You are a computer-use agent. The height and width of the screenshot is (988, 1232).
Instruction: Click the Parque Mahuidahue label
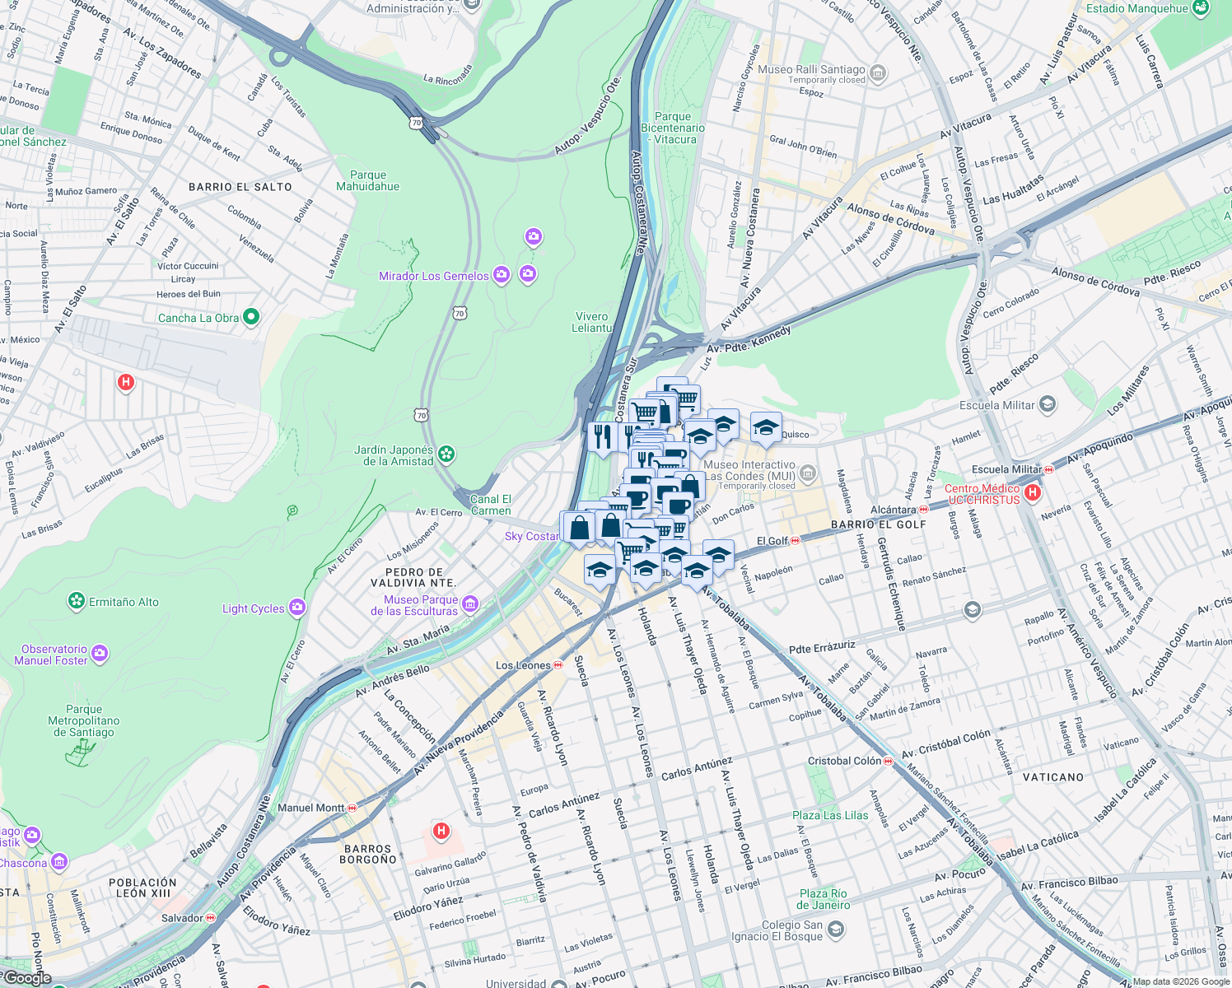(x=367, y=180)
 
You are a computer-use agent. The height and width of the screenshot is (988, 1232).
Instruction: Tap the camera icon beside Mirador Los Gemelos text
(x=502, y=276)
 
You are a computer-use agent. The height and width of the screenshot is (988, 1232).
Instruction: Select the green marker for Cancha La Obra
(x=252, y=317)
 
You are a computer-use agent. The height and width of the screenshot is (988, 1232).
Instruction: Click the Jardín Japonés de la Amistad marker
(x=446, y=454)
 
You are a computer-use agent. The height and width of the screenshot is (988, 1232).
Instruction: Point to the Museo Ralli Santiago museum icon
(x=878, y=73)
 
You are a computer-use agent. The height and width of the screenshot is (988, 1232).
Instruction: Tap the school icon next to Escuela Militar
(x=1047, y=404)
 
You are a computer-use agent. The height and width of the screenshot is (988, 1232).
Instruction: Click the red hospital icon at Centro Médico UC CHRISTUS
(x=1033, y=492)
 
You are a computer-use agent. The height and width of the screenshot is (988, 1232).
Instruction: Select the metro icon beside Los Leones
(x=558, y=665)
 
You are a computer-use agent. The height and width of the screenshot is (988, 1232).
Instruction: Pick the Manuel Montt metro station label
(x=310, y=808)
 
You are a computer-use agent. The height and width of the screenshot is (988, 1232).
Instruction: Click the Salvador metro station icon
(x=211, y=917)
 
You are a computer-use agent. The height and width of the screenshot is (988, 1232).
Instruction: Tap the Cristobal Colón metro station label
(x=844, y=761)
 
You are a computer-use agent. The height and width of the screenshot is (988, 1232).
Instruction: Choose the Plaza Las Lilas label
(x=830, y=815)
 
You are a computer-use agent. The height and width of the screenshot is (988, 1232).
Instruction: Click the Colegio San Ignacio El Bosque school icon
(x=835, y=930)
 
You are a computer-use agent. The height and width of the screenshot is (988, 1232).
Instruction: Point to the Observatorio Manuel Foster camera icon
(x=100, y=654)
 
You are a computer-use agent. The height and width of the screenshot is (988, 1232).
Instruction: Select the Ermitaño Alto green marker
(x=77, y=602)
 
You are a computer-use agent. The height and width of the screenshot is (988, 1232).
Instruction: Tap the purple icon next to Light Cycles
(x=297, y=608)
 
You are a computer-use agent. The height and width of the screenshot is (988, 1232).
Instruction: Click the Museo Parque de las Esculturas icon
(x=470, y=605)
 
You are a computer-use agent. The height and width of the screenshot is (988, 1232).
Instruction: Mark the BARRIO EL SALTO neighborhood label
(x=240, y=187)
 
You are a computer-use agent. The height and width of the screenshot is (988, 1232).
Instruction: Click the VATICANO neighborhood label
(x=1053, y=777)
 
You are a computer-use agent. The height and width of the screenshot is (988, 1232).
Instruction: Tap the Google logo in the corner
(x=27, y=978)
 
